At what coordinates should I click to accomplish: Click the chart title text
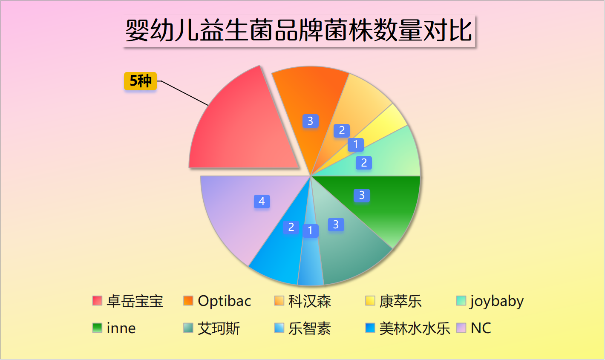tap(299, 31)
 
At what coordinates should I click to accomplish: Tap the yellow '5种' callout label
tap(140, 81)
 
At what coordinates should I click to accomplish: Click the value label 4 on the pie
tap(262, 201)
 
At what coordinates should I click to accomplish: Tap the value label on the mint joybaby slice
tap(364, 162)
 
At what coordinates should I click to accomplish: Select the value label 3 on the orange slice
tap(310, 121)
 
